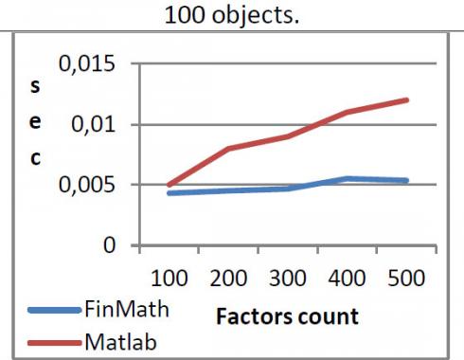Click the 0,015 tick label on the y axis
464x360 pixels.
coord(86,65)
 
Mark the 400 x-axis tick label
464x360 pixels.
coord(348,281)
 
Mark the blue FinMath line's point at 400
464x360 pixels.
coord(347,178)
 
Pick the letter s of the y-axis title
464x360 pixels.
coord(35,85)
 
